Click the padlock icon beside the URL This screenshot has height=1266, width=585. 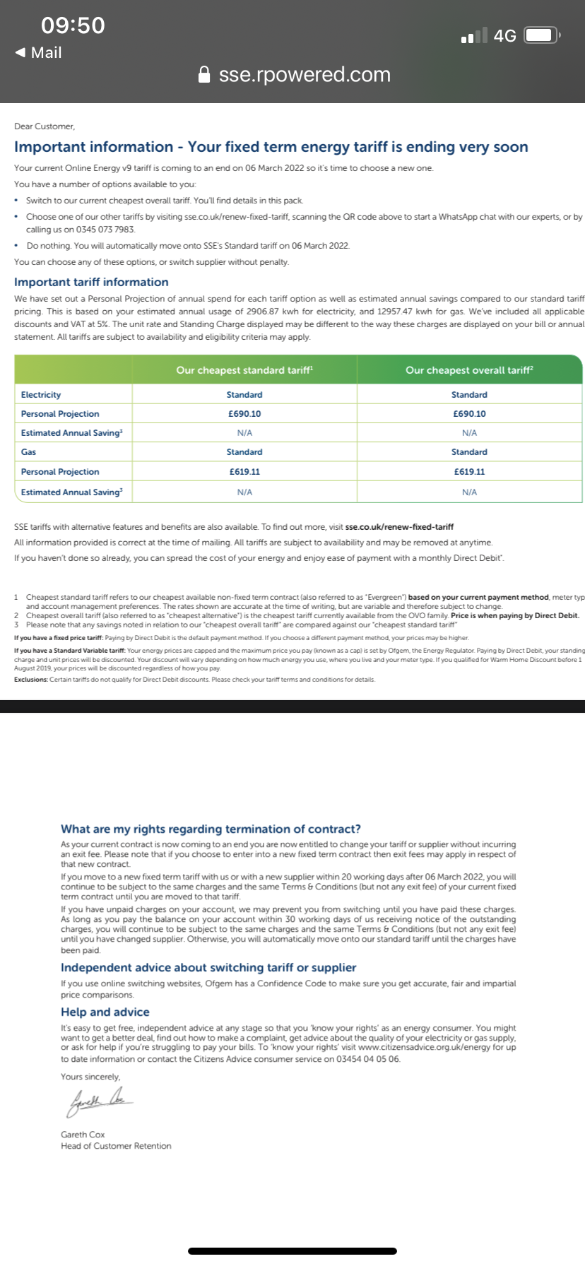point(204,75)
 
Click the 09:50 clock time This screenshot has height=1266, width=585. point(73,25)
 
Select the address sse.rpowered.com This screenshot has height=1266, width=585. point(305,75)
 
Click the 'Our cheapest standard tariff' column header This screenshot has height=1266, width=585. point(244,370)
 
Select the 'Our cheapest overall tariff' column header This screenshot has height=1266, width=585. point(469,370)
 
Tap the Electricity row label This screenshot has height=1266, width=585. point(41,395)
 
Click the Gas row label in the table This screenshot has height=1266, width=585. point(29,452)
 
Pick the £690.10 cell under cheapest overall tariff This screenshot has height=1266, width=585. point(469,414)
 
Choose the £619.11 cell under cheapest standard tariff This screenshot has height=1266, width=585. point(244,472)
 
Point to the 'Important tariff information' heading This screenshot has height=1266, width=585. point(91,282)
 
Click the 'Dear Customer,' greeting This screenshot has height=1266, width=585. point(45,126)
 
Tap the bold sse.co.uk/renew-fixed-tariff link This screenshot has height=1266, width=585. point(399,527)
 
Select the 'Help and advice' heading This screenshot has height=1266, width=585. point(105,1012)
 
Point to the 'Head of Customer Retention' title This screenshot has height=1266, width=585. point(116,1146)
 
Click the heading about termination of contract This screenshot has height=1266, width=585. point(211,829)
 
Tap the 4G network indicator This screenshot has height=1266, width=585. point(504,36)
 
